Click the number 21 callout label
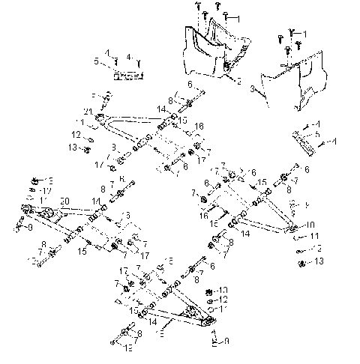click(88, 112)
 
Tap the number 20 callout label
click(64, 202)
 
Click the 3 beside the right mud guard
click(253, 88)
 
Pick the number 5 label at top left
click(96, 61)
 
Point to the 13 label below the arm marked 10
click(319, 261)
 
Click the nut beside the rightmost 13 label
click(301, 261)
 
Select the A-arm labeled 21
click(131, 122)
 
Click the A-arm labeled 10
click(262, 213)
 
